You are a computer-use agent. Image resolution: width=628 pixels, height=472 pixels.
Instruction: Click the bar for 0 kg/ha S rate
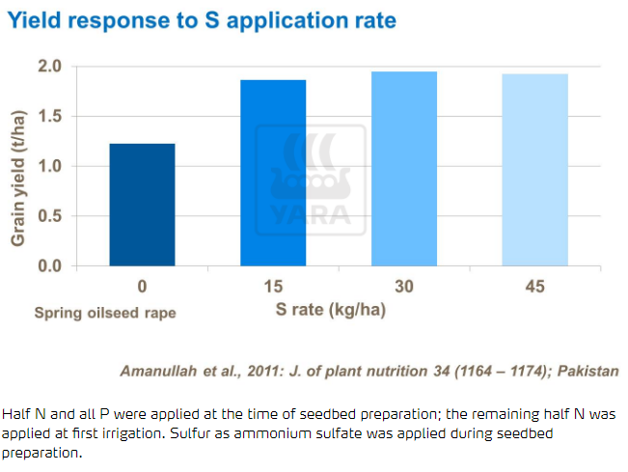pyautogui.click(x=142, y=205)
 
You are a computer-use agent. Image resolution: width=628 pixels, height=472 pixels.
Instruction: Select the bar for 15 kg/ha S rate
pyautogui.click(x=273, y=173)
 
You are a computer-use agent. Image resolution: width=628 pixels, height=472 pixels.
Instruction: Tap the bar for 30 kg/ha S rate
pyautogui.click(x=404, y=169)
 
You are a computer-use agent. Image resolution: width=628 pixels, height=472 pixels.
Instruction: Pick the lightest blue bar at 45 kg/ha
pyautogui.click(x=535, y=170)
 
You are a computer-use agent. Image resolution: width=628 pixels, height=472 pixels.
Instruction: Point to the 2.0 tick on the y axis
pyautogui.click(x=50, y=67)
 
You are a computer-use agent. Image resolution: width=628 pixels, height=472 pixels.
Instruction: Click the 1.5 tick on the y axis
pyautogui.click(x=50, y=117)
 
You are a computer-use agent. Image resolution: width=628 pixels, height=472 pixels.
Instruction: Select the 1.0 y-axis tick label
pyautogui.click(x=50, y=166)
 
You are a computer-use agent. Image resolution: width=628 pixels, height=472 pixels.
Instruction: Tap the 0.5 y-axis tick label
pyautogui.click(x=50, y=216)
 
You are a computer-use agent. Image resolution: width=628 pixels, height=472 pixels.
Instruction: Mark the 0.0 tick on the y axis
pyautogui.click(x=50, y=265)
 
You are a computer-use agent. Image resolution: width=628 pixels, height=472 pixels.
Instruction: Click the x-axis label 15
pyautogui.click(x=273, y=287)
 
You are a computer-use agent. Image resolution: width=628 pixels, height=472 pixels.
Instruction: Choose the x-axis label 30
pyautogui.click(x=404, y=287)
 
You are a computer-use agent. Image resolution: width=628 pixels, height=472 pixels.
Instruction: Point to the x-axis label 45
pyautogui.click(x=535, y=287)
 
